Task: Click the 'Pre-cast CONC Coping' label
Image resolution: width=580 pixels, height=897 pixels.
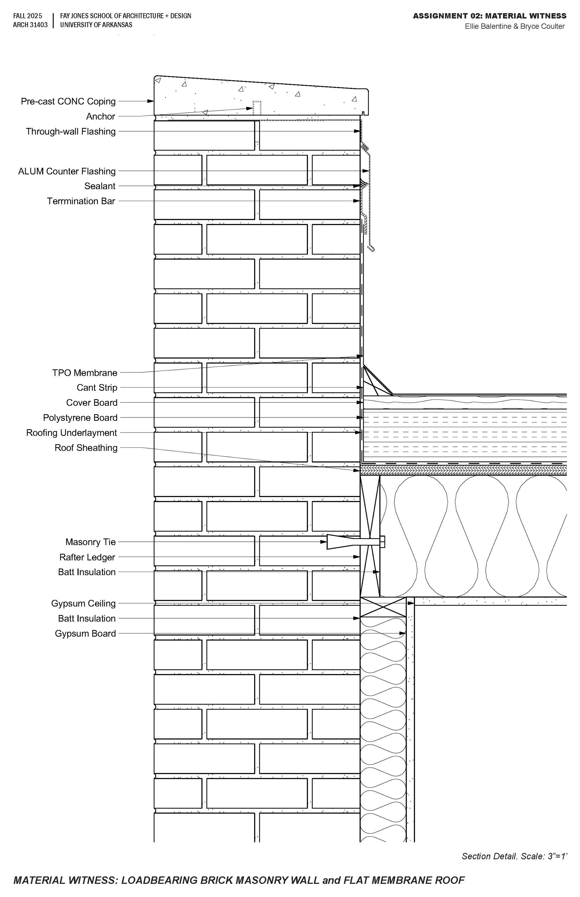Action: tap(68, 101)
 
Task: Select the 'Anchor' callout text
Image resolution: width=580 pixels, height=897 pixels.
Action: tap(101, 116)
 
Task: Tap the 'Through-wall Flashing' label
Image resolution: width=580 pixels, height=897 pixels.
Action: tap(70, 132)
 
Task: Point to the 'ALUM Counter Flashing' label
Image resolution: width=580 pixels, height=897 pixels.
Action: tap(67, 171)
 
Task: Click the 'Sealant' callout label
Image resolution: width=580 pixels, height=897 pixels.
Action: tap(100, 186)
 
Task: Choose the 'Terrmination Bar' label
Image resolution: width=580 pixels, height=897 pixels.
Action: tap(81, 201)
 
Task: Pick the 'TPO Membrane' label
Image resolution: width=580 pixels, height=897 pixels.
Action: tap(85, 373)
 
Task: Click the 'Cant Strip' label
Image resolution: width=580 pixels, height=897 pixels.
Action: tap(97, 388)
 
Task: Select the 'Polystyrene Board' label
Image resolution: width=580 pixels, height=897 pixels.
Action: tap(80, 418)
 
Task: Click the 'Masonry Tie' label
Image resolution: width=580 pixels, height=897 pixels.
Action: tap(90, 542)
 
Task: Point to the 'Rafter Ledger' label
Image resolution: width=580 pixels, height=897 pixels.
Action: tap(87, 557)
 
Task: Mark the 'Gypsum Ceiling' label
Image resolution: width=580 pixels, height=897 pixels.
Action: tap(83, 603)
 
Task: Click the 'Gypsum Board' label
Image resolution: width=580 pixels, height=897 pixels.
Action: tap(85, 634)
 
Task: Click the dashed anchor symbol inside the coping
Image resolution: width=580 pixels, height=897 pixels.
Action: tap(257, 108)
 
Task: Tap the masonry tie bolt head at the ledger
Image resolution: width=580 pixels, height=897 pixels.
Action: tap(383, 542)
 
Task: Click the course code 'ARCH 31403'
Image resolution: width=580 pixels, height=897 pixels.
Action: tap(30, 25)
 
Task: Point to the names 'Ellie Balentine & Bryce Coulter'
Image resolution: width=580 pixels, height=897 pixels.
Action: tap(514, 26)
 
